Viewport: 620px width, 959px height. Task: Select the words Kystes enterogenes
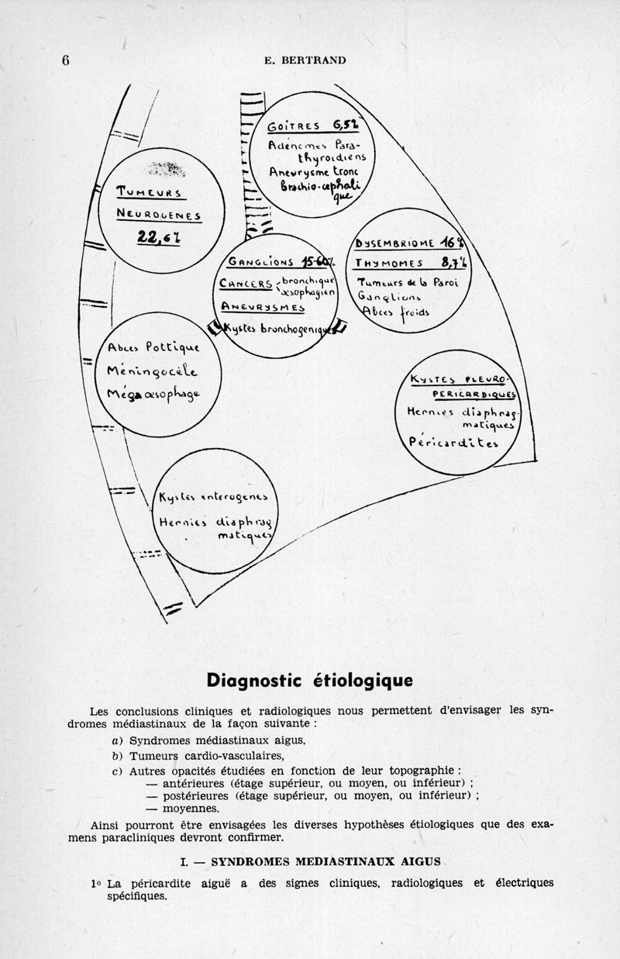tap(212, 497)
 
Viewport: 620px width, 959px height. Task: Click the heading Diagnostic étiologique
tap(309, 680)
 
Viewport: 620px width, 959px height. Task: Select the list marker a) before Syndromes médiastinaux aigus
tap(117, 740)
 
